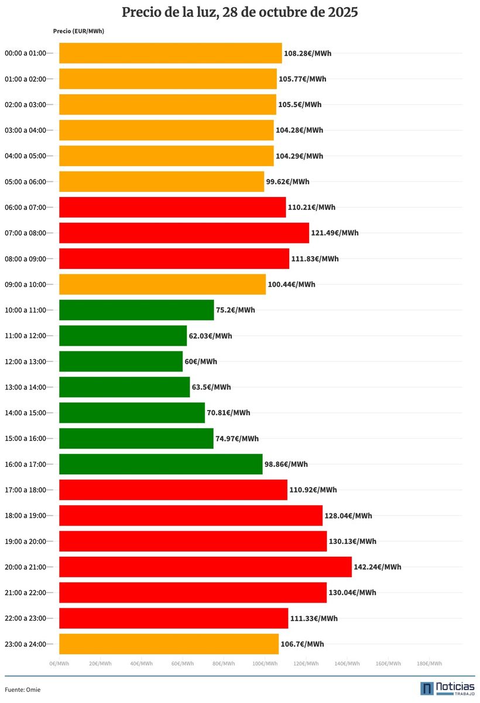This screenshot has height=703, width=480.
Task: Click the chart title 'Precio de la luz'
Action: click(240, 12)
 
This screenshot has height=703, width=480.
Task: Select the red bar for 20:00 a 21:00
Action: click(205, 567)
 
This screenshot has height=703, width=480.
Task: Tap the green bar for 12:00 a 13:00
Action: click(121, 361)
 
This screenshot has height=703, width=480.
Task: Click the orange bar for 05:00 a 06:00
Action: click(162, 181)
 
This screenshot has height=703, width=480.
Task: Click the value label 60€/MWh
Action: click(201, 361)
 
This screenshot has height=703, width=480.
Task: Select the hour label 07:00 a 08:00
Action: click(25, 233)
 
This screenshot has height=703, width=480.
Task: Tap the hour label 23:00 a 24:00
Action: click(25, 644)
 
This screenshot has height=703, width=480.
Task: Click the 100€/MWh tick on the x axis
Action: click(265, 664)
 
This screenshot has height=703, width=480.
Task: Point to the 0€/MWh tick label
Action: click(60, 664)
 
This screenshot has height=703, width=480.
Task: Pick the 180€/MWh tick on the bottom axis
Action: click(429, 664)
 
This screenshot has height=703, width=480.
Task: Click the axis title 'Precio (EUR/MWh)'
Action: click(78, 31)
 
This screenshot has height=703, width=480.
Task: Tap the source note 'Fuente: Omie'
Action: click(23, 690)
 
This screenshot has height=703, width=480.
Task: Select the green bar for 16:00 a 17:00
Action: click(161, 464)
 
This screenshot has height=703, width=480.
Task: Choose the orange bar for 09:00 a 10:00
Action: click(162, 284)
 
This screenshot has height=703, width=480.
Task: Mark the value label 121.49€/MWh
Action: click(335, 233)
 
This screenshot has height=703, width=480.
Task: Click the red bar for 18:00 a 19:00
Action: click(191, 515)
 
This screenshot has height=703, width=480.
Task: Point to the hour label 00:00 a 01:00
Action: click(25, 53)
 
